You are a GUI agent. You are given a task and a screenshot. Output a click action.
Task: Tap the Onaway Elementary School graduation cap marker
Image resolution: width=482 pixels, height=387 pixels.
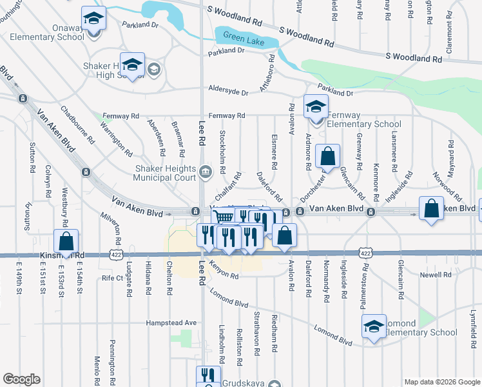pyautogui.click(x=93, y=19)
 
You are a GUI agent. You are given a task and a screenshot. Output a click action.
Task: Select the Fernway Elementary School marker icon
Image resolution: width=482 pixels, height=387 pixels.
pyautogui.click(x=316, y=107)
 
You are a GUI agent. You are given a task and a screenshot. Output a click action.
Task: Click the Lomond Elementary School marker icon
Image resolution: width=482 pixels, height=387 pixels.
pyautogui.click(x=374, y=327)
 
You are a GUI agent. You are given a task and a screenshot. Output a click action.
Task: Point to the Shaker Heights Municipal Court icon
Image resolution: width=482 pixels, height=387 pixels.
pyautogui.click(x=206, y=171)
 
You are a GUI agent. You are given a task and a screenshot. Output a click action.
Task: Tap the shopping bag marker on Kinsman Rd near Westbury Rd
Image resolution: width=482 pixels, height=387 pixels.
pyautogui.click(x=66, y=242)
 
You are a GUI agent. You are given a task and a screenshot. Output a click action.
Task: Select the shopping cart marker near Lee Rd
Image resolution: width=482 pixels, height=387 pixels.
pyautogui.click(x=223, y=218)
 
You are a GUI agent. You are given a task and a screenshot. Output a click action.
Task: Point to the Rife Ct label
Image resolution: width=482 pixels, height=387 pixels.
pyautogui.click(x=112, y=278)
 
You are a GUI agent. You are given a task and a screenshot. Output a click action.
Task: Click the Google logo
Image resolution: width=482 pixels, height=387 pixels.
pyautogui.click(x=21, y=379)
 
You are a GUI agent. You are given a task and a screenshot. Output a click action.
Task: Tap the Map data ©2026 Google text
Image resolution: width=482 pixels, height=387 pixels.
pyautogui.click(x=441, y=382)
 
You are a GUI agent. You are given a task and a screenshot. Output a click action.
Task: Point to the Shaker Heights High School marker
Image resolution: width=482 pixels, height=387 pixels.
pyautogui.click(x=132, y=66)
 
